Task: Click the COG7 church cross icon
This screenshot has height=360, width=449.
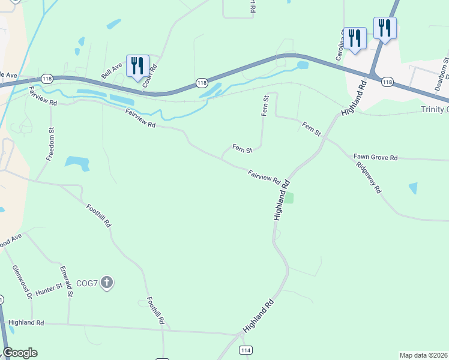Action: click(107, 283)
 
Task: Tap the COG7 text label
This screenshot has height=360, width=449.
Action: click(86, 283)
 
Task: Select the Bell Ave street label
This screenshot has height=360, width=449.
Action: click(111, 72)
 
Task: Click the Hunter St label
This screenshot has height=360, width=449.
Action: click(49, 289)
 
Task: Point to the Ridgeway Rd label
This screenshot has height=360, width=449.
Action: click(369, 177)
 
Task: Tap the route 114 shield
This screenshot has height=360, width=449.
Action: click(245, 350)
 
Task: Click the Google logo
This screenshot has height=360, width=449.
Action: click(20, 353)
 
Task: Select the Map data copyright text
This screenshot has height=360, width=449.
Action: click(424, 355)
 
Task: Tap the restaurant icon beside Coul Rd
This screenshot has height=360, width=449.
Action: click(138, 67)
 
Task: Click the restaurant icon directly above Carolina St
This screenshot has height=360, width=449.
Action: click(355, 38)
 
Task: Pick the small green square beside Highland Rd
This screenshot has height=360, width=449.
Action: click(289, 198)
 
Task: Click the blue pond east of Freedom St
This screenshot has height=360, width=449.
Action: click(77, 163)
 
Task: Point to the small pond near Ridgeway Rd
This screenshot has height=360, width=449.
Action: click(413, 188)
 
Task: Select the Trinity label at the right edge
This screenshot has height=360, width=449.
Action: click(435, 109)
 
